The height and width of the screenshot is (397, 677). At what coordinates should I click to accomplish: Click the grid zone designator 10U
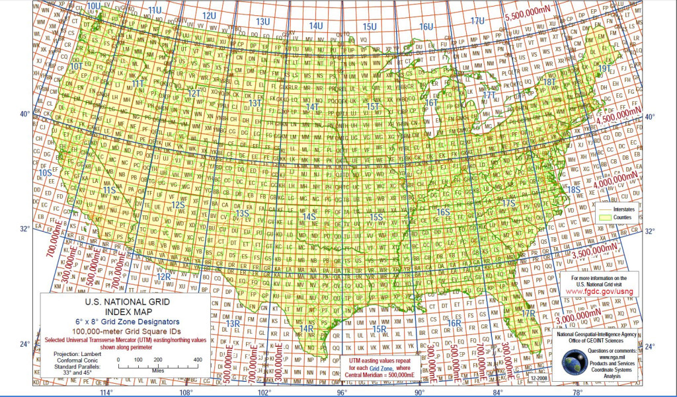95,6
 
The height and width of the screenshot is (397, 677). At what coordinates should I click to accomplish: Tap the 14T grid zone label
312,106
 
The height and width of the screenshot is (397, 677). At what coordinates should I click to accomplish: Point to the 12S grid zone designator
178,205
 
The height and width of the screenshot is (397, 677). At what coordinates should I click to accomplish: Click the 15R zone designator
379,329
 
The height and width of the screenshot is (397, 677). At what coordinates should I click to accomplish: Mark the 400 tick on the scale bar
197,359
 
